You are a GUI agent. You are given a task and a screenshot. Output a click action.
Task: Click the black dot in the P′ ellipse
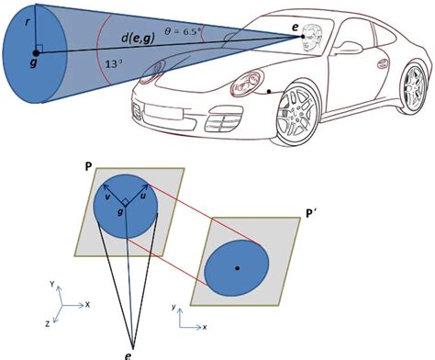(238, 267)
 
